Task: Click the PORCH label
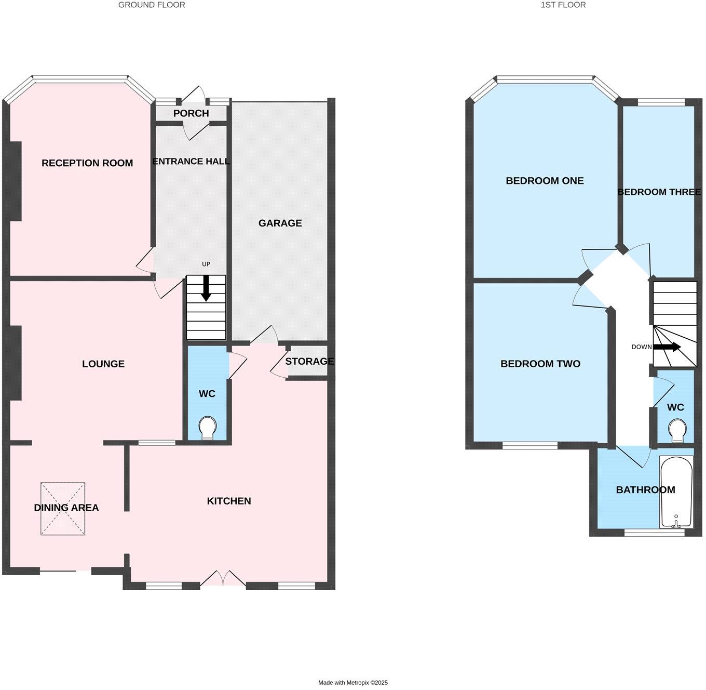click(191, 113)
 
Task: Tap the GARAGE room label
click(280, 223)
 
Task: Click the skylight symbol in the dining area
click(63, 509)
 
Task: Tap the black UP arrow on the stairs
click(206, 288)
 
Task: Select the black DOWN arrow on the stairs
click(667, 347)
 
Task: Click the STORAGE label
click(309, 361)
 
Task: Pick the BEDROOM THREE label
click(659, 192)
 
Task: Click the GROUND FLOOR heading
click(152, 5)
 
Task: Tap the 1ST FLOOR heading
click(563, 5)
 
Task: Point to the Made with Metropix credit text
click(353, 683)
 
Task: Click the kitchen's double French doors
click(223, 579)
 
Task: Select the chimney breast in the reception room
click(16, 181)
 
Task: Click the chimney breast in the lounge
click(16, 363)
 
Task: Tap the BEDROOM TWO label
click(540, 364)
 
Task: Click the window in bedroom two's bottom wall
click(529, 445)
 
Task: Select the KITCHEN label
click(229, 501)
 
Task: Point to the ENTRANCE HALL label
click(191, 162)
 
